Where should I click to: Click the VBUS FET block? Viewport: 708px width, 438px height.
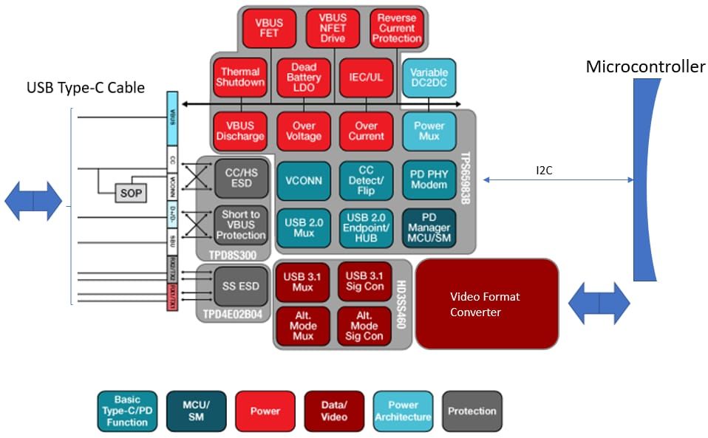click(270, 28)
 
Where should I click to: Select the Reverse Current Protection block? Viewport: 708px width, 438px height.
click(397, 28)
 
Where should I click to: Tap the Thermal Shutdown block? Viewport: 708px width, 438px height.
click(239, 77)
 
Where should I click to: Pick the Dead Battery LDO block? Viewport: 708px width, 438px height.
click(303, 77)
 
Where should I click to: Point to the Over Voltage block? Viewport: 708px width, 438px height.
click(303, 131)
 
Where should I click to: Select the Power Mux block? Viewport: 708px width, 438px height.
click(429, 131)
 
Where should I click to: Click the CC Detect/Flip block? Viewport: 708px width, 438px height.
click(366, 180)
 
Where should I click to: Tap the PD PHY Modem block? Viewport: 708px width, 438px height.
click(429, 180)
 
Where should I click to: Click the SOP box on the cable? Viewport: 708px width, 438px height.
click(130, 193)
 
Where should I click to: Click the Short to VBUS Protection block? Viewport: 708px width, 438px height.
click(239, 225)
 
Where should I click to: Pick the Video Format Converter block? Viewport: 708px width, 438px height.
click(486, 304)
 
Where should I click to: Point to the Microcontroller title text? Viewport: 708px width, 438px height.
click(645, 67)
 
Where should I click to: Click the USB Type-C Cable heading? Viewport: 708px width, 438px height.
click(86, 88)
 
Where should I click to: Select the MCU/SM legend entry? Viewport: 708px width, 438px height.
click(196, 411)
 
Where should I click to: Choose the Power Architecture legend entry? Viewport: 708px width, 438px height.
click(403, 411)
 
